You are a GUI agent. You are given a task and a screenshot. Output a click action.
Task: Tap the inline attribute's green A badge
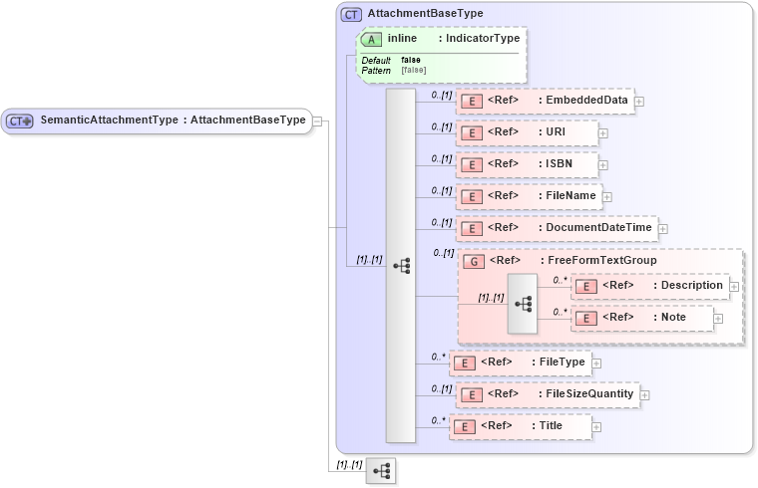(371, 39)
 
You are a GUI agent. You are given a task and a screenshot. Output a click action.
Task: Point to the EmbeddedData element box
(545, 101)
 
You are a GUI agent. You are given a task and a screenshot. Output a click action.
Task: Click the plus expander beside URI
(603, 132)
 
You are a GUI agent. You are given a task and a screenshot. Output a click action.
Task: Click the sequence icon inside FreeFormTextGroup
(523, 302)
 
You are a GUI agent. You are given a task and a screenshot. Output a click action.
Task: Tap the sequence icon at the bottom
(380, 470)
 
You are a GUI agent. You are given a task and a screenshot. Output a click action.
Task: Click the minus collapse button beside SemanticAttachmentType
(317, 121)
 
